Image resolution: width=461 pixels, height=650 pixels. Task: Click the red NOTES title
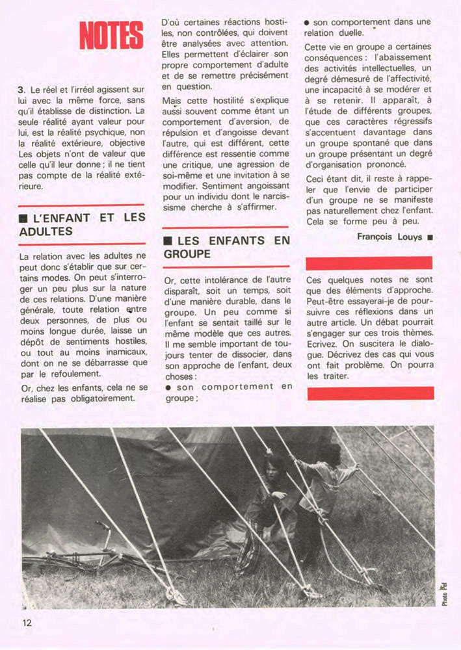pos(111,35)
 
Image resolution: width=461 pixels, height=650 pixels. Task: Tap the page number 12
pos(27,623)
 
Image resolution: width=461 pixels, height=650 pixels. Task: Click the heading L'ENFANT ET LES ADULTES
pos(82,224)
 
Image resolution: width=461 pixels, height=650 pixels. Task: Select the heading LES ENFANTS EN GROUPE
pos(226,247)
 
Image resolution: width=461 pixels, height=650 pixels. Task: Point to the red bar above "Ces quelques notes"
pos(369,263)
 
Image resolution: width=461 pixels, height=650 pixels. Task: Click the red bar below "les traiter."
pos(370,393)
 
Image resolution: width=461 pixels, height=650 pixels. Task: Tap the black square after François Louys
pos(430,238)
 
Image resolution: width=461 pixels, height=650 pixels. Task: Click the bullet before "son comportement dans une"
pos(307,22)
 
